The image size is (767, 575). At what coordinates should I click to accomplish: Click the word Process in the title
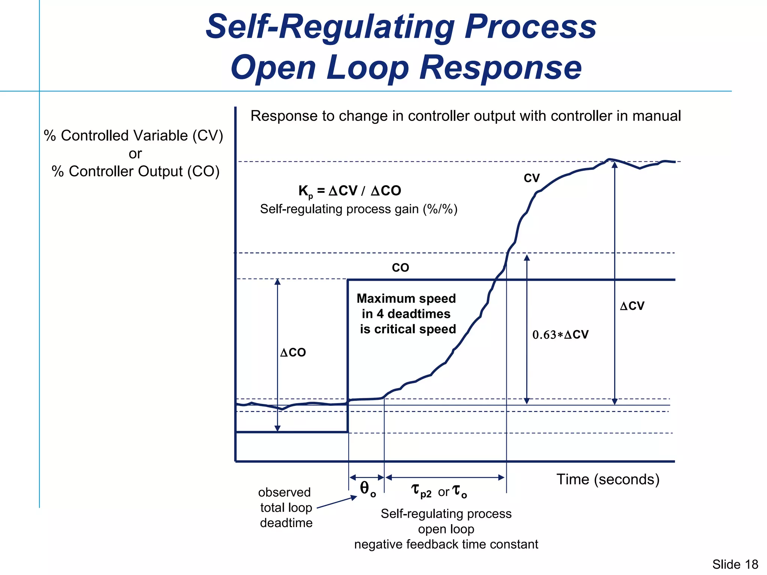click(530, 27)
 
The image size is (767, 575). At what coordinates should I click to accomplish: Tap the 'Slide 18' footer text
click(735, 564)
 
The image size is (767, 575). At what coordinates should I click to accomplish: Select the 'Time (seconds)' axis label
click(607, 480)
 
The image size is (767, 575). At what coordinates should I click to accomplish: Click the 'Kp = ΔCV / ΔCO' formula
click(349, 191)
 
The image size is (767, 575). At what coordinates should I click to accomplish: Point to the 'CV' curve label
click(531, 178)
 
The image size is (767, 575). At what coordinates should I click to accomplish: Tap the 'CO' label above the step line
click(400, 268)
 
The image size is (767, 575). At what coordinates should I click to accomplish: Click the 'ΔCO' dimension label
click(293, 352)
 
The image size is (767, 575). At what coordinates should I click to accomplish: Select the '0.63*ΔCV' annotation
click(560, 335)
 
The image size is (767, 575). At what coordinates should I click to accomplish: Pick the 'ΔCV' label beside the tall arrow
click(632, 306)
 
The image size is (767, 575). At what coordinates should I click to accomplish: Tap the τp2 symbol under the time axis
click(421, 491)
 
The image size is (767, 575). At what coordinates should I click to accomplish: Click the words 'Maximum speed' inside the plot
click(406, 298)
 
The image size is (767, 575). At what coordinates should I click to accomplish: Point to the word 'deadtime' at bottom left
click(286, 523)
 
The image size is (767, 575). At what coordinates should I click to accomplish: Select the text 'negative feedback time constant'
click(446, 544)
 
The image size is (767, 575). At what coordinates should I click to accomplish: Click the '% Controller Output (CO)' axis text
click(135, 171)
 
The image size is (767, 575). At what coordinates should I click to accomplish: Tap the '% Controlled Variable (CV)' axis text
click(133, 136)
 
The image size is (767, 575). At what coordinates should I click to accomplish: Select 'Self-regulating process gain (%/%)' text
click(358, 209)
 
